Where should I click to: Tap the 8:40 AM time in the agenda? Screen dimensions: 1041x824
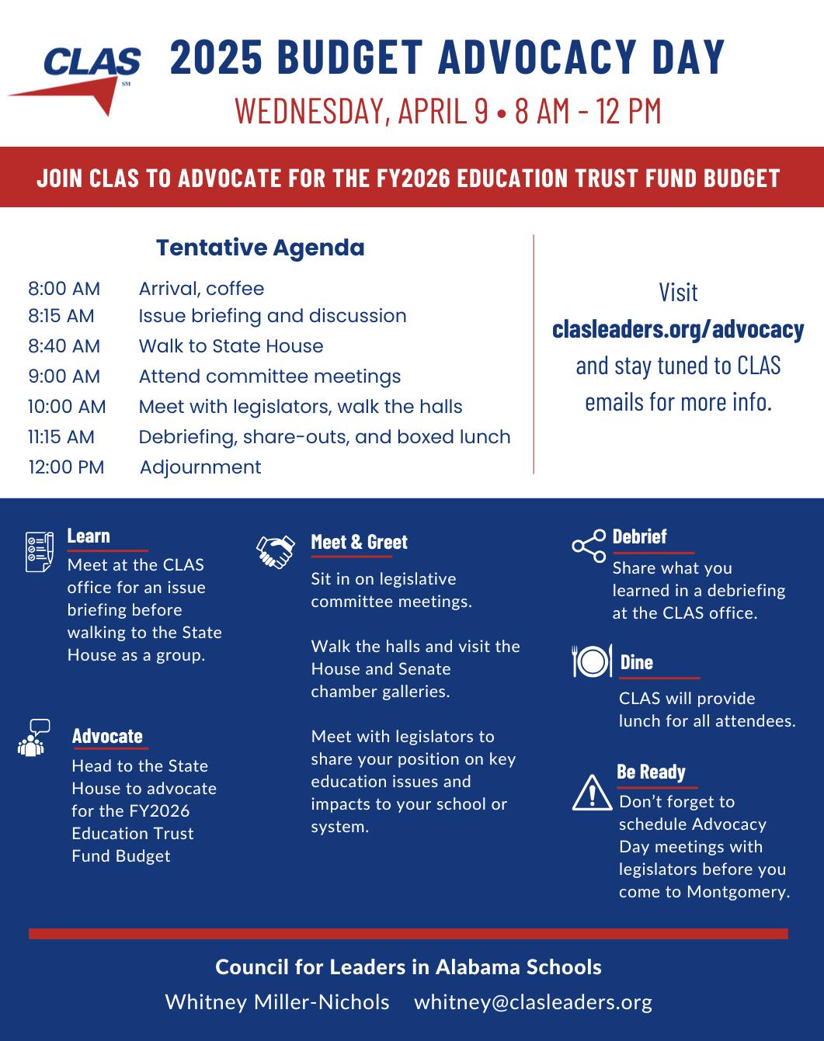click(64, 346)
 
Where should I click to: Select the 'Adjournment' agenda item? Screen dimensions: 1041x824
click(200, 467)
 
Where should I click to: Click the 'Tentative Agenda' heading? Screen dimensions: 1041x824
click(260, 248)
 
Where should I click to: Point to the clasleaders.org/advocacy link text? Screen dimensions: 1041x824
click(678, 329)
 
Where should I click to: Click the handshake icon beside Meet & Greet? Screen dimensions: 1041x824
click(276, 551)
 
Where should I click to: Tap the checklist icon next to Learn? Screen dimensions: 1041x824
click(40, 552)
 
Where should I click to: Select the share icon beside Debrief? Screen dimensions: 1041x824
click(589, 546)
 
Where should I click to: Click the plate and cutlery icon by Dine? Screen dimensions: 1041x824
click(591, 661)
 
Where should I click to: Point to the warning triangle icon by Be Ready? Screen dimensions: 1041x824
click(592, 793)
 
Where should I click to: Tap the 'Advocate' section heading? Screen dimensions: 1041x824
click(107, 736)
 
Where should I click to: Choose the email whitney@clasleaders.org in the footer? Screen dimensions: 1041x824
click(533, 1002)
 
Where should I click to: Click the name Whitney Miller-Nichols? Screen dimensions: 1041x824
click(277, 1002)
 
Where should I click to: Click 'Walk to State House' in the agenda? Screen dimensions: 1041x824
click(231, 346)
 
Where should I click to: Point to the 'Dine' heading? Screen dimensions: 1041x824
click(636, 662)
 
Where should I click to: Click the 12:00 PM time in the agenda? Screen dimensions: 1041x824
click(66, 467)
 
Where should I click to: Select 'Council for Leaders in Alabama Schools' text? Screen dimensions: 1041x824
click(409, 967)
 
